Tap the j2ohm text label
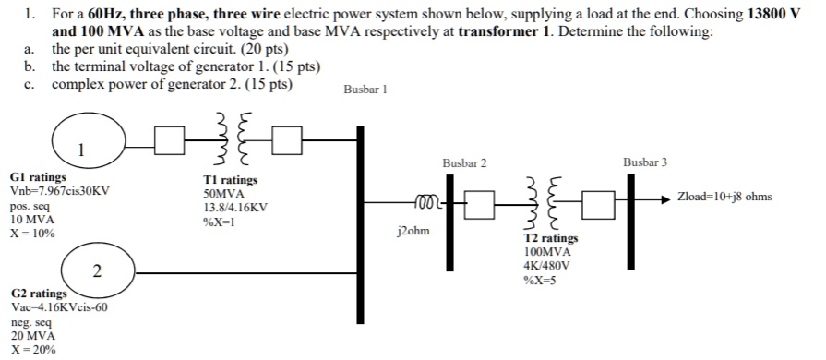pyautogui.click(x=412, y=231)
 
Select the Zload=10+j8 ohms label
pyautogui.click(x=724, y=197)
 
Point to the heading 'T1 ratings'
pyautogui.click(x=231, y=180)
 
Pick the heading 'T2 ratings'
pyautogui.click(x=551, y=238)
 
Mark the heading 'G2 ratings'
pyautogui.click(x=38, y=294)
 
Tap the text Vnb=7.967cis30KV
pyautogui.click(x=60, y=190)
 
